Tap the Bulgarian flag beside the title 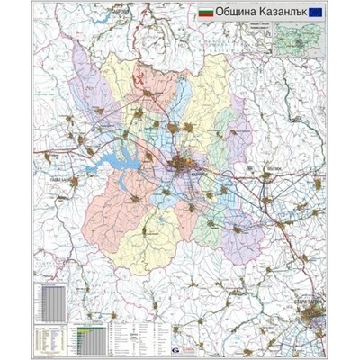pos(205,16)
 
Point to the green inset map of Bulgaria pos(303,37)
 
